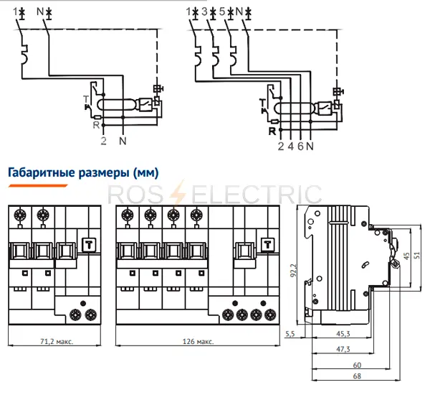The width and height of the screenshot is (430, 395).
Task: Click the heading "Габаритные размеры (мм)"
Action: (x=82, y=172)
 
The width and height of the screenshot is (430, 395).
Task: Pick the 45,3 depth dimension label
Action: (x=342, y=333)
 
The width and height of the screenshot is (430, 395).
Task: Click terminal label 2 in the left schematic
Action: (x=104, y=141)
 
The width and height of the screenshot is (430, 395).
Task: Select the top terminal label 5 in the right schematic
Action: (x=225, y=12)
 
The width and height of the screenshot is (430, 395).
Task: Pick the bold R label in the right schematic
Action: (x=272, y=131)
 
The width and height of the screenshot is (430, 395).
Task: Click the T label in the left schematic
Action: (x=84, y=98)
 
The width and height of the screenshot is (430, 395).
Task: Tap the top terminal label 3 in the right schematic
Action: (x=206, y=12)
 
